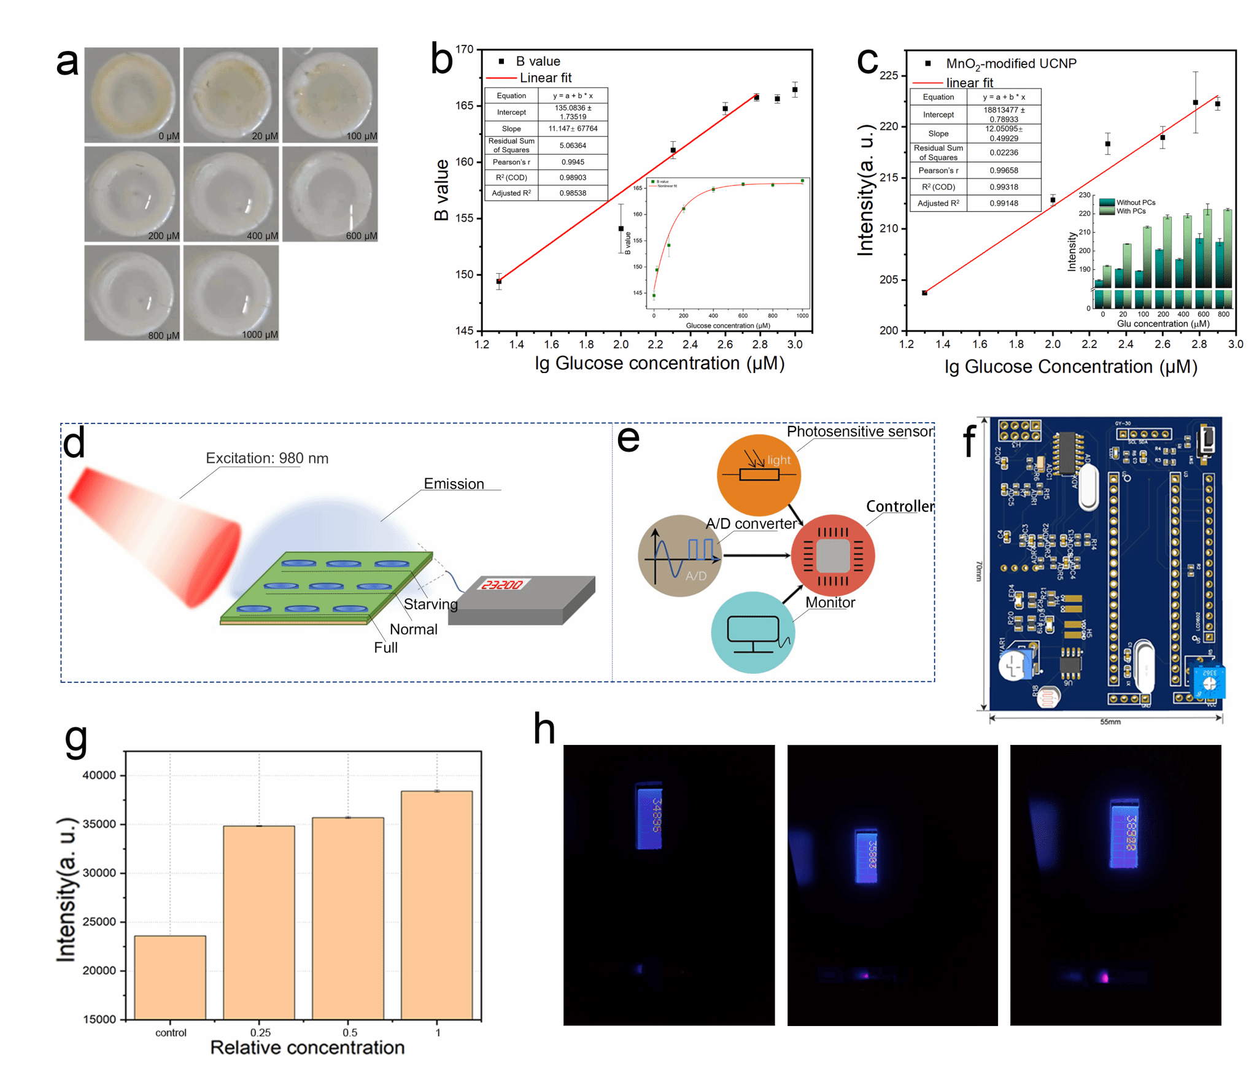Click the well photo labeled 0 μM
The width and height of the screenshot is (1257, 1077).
point(132,95)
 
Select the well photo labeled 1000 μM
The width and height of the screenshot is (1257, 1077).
point(231,293)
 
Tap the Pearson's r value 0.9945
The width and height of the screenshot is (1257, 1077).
point(572,162)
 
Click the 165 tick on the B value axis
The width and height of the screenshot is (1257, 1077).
point(465,106)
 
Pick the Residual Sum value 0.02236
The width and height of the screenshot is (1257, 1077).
point(1004,153)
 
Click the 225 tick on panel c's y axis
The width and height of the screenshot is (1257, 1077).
point(889,75)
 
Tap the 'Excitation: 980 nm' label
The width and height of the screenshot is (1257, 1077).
point(267,458)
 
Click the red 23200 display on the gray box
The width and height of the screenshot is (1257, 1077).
point(501,585)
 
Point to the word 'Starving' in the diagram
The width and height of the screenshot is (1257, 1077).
point(430,604)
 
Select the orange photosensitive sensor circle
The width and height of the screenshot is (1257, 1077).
point(759,475)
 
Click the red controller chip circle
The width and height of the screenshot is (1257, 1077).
point(832,555)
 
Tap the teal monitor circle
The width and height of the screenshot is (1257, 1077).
point(752,632)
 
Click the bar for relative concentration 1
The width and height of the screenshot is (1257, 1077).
point(436,905)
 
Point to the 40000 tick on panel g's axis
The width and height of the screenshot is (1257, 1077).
point(99,775)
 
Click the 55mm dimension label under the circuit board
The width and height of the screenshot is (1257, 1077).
point(1110,722)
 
